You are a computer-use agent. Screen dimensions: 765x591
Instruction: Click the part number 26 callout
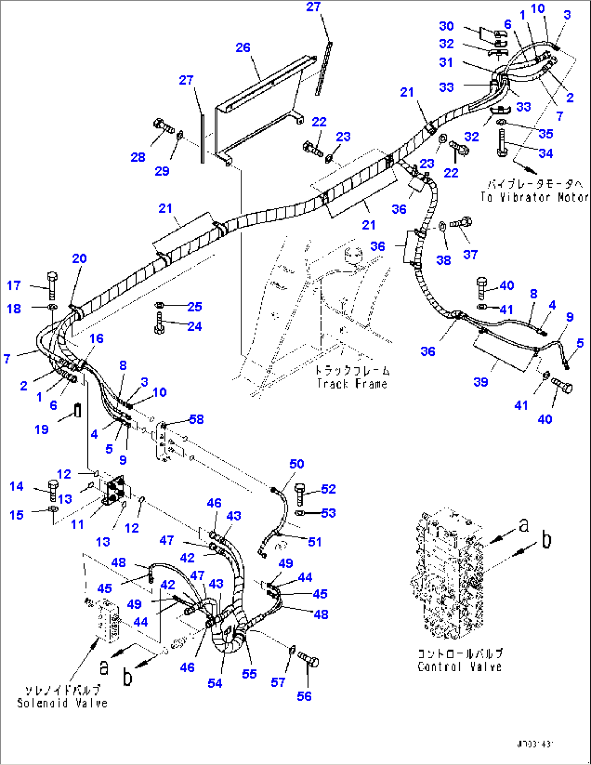click(x=243, y=48)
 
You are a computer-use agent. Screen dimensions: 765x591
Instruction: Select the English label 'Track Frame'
click(x=352, y=384)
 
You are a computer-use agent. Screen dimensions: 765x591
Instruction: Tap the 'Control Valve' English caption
click(x=459, y=667)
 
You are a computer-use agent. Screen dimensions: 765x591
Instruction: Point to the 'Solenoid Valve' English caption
click(x=62, y=703)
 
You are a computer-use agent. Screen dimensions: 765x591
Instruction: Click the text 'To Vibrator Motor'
click(x=534, y=197)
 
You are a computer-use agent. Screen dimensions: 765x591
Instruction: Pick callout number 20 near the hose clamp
click(x=79, y=259)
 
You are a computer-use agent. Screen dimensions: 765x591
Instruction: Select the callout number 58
click(x=196, y=419)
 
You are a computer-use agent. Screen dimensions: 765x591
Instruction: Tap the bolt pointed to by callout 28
click(x=163, y=127)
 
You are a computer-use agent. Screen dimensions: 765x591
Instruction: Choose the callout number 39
click(x=480, y=382)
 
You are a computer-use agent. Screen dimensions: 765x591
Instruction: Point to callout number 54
click(x=215, y=683)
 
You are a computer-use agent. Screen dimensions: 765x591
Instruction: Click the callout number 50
click(x=297, y=464)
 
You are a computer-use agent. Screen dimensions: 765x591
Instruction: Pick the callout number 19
click(x=42, y=429)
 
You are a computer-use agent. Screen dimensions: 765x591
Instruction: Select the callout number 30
click(x=446, y=26)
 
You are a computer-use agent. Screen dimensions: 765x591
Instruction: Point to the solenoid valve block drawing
click(x=108, y=620)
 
